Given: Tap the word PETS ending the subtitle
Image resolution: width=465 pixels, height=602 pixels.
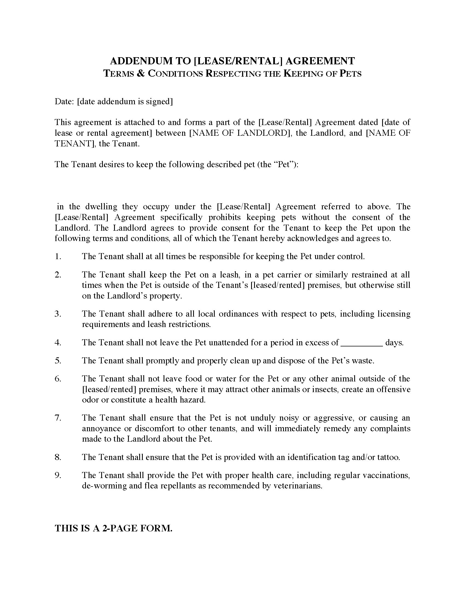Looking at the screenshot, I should point(350,74).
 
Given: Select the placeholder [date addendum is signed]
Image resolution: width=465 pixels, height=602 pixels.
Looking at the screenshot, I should point(125,102).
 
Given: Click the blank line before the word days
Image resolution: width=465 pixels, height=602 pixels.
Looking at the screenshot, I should point(362,343).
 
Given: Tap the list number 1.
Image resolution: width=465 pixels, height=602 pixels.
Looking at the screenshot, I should point(57,257).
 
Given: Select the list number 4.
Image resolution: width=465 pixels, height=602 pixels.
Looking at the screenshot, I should point(57,343).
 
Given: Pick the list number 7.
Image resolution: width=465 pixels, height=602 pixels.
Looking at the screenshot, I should point(57,418).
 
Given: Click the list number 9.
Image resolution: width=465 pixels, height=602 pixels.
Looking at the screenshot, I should point(57,475).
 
